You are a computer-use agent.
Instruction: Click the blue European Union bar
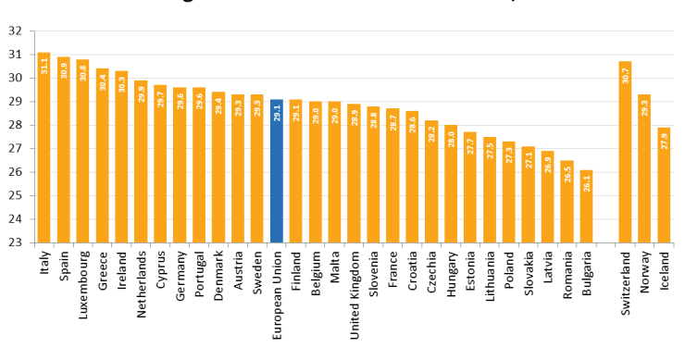click(277, 171)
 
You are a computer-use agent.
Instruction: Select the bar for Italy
click(44, 148)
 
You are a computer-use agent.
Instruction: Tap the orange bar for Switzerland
click(625, 153)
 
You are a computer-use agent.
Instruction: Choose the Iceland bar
click(664, 185)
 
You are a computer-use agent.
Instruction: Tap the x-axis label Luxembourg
click(83, 283)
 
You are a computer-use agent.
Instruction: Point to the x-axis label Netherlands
click(142, 284)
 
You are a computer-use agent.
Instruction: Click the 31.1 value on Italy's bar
click(44, 66)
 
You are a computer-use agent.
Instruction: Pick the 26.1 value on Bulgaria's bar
click(586, 183)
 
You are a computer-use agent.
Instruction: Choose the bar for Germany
click(180, 166)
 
